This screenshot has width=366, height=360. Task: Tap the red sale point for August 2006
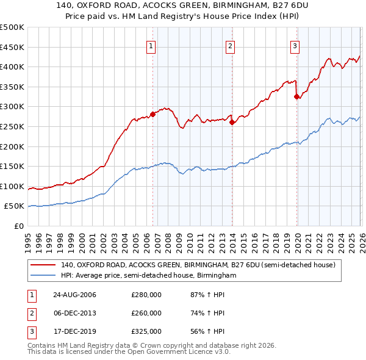coord(153,114)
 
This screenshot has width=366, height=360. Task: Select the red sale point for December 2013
coord(232,122)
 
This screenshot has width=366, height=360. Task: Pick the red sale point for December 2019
coord(296,96)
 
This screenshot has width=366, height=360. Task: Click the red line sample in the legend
coord(43,265)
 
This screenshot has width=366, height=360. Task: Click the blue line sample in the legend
coord(43,276)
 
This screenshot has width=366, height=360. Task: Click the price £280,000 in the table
coord(146,295)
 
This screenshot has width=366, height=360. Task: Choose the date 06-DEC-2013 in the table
coord(74,313)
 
